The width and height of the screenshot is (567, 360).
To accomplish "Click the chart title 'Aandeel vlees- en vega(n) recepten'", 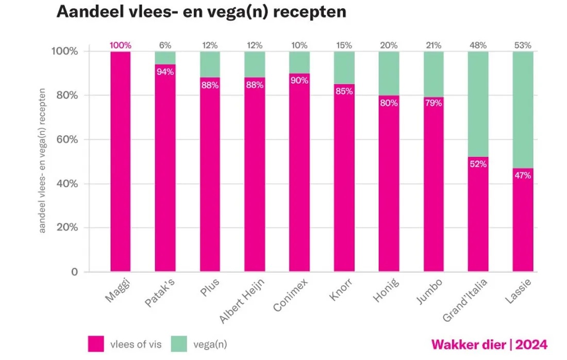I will (x=201, y=13).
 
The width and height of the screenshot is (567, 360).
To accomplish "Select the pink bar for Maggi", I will (x=120, y=165).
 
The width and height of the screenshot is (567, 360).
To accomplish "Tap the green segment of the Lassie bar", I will (x=523, y=108).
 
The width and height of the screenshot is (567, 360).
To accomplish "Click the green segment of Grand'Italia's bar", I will (x=478, y=103).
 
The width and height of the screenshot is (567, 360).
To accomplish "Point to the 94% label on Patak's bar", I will (x=165, y=72).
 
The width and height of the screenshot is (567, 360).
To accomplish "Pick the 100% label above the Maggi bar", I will (x=120, y=45).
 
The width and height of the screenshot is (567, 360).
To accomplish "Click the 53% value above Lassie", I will (x=523, y=45).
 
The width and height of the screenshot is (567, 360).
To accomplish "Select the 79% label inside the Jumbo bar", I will (x=433, y=103).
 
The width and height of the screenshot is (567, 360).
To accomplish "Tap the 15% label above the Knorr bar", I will (x=344, y=45).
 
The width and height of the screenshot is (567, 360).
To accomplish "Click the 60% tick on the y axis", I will (x=66, y=139).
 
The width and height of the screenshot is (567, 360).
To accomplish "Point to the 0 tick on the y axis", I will (x=74, y=272).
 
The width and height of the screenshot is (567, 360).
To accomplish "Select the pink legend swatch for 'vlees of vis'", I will (x=96, y=343).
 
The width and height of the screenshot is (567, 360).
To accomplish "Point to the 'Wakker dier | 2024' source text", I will (x=489, y=344).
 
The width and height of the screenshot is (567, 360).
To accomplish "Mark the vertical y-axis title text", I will (x=43, y=160).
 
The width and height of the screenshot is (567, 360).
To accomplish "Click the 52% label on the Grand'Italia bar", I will (x=478, y=164).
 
